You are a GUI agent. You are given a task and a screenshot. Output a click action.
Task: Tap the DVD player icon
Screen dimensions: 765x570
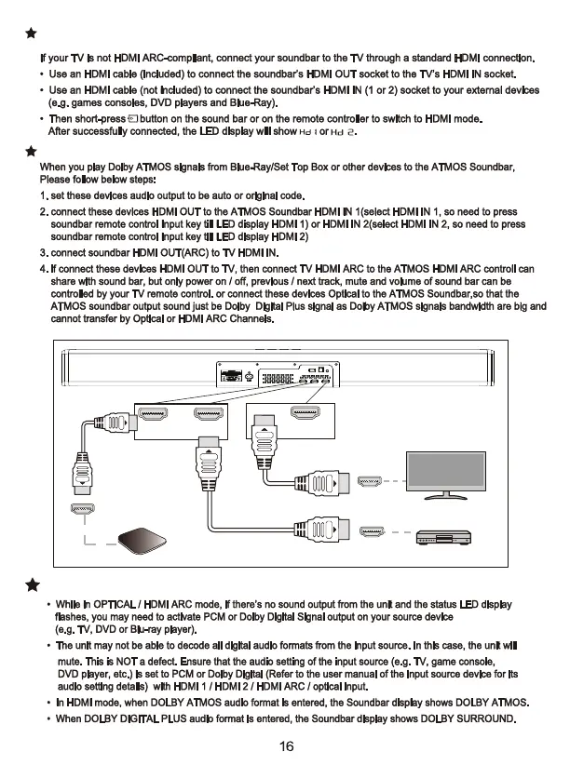coord(445,539)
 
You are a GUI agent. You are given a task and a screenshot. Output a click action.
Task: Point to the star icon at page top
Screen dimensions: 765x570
coord(32,34)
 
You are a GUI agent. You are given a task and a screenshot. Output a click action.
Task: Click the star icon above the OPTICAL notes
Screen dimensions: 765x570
coord(32,584)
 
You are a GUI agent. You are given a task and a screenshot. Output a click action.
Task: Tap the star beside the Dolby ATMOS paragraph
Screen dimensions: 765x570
coord(32,150)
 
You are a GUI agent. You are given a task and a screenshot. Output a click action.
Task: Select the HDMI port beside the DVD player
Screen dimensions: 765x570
coord(371,531)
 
